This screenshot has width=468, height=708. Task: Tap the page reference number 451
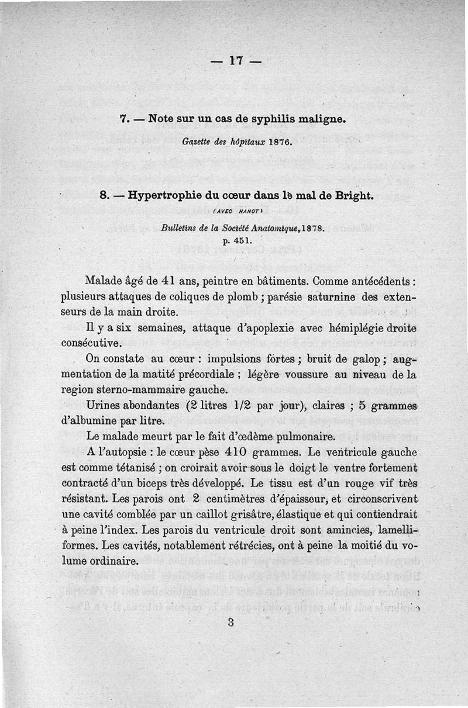243,240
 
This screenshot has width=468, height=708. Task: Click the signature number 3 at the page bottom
231,623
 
